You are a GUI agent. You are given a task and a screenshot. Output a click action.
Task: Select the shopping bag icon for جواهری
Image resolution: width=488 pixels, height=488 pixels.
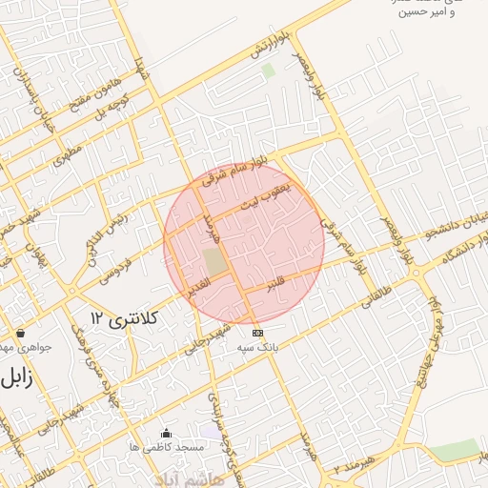click(x=21, y=334)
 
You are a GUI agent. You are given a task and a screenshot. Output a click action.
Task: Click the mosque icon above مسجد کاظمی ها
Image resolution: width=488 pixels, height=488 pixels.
click(x=167, y=433)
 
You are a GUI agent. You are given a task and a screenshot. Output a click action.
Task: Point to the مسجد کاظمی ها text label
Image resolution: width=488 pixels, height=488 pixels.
click(x=165, y=446)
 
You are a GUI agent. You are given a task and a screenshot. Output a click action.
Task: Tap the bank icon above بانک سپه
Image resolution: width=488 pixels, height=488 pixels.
click(x=257, y=333)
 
